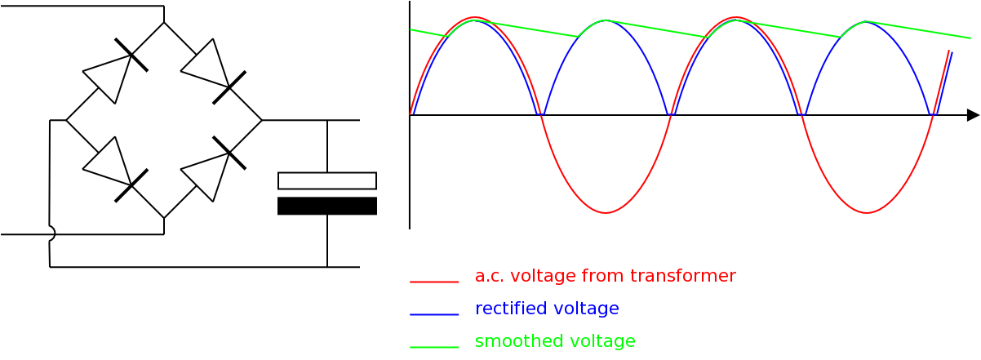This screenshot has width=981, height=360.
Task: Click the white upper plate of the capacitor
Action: pos(327,180)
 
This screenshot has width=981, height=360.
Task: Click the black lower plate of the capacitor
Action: pos(327,206)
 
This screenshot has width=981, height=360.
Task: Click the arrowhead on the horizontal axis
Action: pos(973,115)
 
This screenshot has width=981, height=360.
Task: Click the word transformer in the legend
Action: pos(685,276)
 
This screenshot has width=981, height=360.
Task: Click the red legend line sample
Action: pos(434,282)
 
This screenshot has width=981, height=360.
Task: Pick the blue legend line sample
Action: pos(434,314)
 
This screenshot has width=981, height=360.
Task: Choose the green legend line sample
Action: pos(434,347)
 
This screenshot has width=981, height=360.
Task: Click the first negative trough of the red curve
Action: pos(606,213)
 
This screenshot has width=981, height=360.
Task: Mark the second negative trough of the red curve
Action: pos(867,213)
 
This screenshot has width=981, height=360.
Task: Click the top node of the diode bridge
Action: pos(164,23)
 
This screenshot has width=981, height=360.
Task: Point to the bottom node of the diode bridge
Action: pos(164,218)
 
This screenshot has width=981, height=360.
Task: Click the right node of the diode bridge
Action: pos(262,120)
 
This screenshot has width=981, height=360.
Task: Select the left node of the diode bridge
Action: pos(66,120)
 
